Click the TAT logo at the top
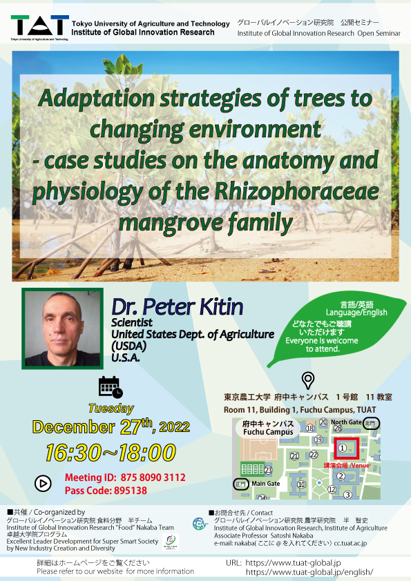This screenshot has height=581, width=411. (x=39, y=27)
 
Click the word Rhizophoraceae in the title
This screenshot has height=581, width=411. (x=296, y=192)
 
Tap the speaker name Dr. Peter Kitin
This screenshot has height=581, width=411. (x=178, y=307)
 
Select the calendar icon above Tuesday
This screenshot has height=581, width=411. (x=111, y=387)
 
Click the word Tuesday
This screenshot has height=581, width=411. (x=111, y=408)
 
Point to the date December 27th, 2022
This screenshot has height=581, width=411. (x=111, y=427)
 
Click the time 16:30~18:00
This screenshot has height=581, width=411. (x=111, y=453)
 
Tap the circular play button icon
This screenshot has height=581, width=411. (x=43, y=483)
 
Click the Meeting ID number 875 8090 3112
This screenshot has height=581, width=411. (x=153, y=477)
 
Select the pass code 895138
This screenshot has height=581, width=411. (x=130, y=491)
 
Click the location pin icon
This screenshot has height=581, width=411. (x=308, y=380)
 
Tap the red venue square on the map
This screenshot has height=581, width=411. (x=347, y=449)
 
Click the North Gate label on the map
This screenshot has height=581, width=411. (x=346, y=422)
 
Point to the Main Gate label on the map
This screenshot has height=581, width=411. (x=265, y=484)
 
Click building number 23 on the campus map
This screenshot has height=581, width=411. (x=268, y=471)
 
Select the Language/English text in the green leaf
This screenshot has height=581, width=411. (x=356, y=313)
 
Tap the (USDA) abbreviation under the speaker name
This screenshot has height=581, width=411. (x=128, y=346)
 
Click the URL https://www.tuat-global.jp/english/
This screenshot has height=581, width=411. (x=309, y=572)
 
